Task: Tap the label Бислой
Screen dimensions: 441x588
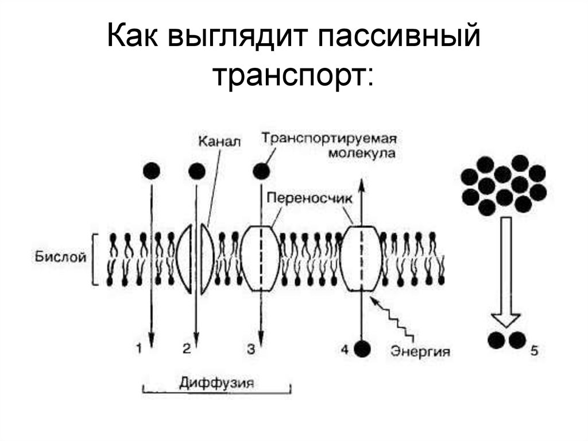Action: click(61, 257)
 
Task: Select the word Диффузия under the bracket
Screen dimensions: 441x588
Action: click(216, 382)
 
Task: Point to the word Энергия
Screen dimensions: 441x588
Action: click(420, 350)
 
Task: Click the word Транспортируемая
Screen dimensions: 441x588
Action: click(330, 138)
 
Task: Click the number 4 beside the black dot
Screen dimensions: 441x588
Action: click(344, 348)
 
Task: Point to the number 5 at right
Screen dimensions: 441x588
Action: click(534, 349)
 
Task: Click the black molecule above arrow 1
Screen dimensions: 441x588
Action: click(152, 171)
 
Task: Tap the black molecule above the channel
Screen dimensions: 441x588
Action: click(196, 171)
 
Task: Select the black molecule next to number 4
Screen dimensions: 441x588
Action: click(362, 348)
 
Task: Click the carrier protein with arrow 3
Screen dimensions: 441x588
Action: click(261, 258)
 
